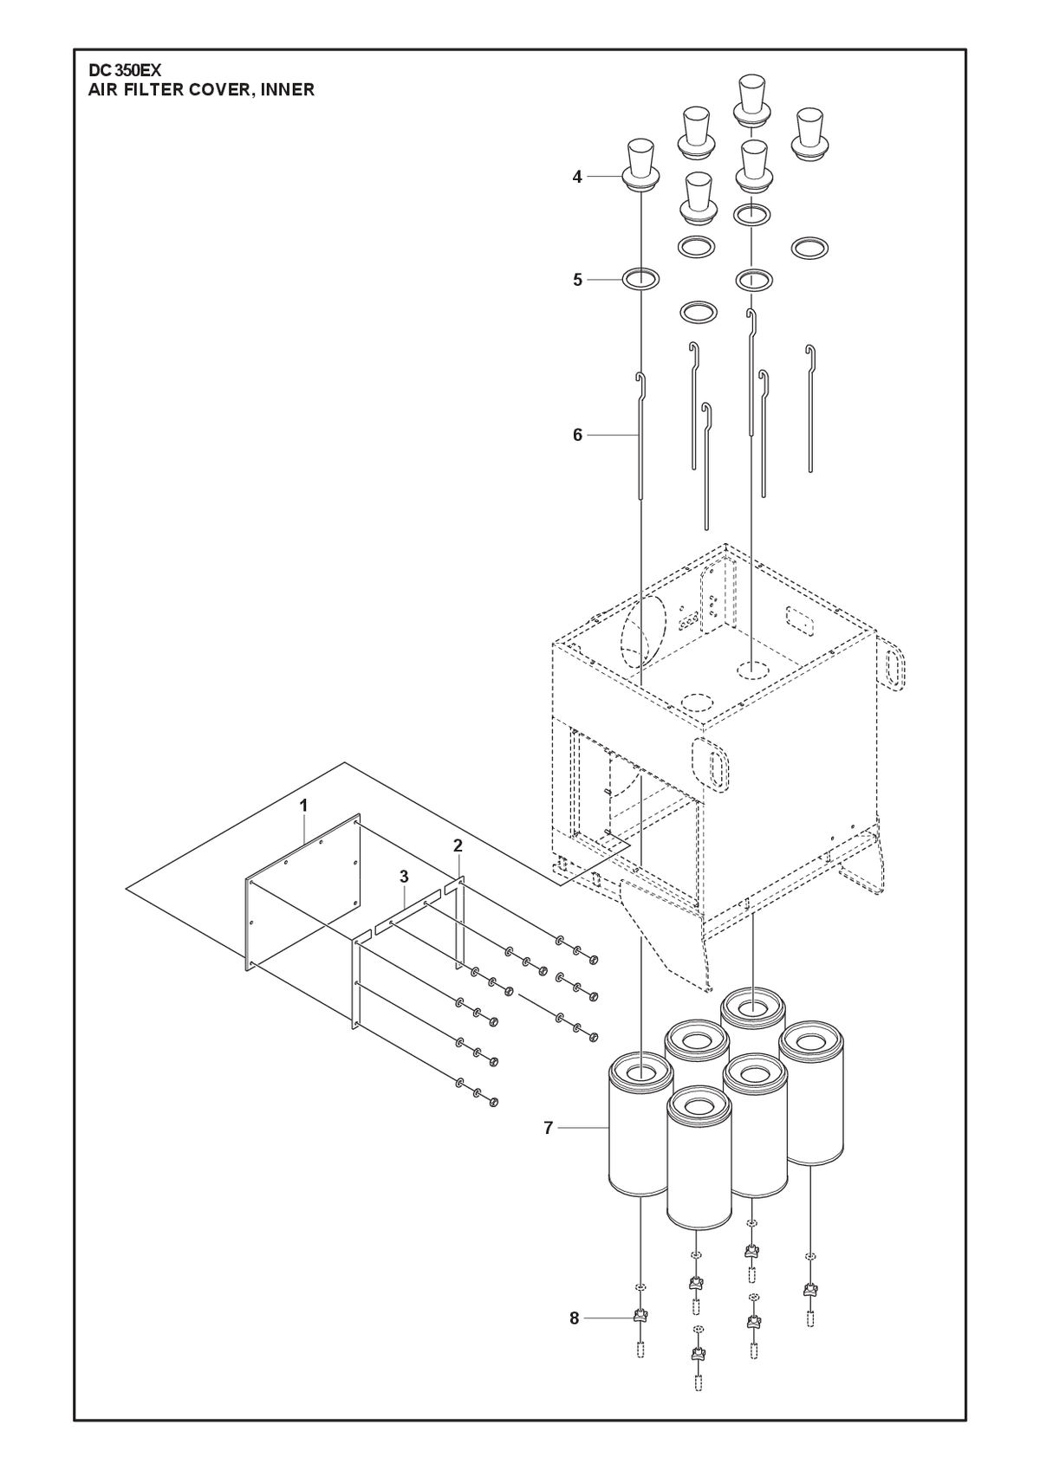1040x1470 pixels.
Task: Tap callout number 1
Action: [x=303, y=806]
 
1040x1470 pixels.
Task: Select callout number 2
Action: [x=458, y=846]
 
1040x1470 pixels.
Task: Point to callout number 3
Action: [x=404, y=877]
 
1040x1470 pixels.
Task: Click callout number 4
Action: [x=577, y=177]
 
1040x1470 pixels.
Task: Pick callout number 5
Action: [x=577, y=280]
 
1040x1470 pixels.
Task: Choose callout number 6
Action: [x=577, y=435]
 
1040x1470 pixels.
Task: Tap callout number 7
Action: [x=549, y=1128]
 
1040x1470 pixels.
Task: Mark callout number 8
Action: [x=575, y=1318]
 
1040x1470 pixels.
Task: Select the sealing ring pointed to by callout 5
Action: [x=640, y=280]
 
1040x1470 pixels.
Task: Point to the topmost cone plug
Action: [x=751, y=100]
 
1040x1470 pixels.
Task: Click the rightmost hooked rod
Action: [x=811, y=408]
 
